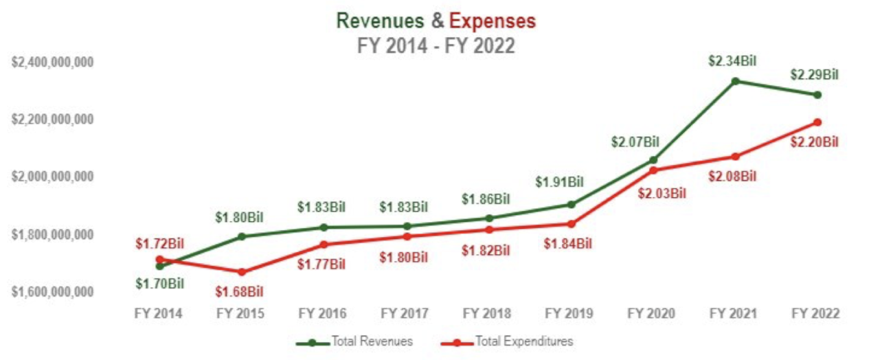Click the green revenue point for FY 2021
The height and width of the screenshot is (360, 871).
(735, 81)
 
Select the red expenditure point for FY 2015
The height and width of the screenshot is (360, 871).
(242, 272)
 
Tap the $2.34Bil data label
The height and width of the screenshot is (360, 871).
(732, 61)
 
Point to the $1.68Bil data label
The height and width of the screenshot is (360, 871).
(239, 292)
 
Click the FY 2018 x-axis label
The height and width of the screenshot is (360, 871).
(487, 314)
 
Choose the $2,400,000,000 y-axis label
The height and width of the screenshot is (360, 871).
(53, 62)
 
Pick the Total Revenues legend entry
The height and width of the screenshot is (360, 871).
(355, 341)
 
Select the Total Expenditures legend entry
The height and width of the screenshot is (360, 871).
(506, 341)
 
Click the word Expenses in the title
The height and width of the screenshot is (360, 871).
(493, 21)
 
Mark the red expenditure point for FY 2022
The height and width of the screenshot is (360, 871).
(817, 122)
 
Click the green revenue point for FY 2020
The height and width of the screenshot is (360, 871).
(653, 160)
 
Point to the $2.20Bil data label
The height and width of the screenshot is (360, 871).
(815, 142)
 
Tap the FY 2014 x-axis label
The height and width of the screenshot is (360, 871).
(158, 314)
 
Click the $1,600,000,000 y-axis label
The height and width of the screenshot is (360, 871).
(53, 292)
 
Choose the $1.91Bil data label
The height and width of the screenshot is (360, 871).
(559, 183)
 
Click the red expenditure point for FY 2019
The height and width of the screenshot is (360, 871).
(571, 224)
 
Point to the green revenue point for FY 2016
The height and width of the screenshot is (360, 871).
(324, 227)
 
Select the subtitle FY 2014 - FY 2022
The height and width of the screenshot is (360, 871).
(435, 45)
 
